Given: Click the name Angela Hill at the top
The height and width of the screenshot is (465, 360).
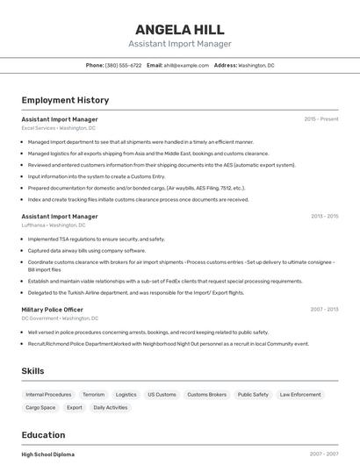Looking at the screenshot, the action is [x=180, y=29].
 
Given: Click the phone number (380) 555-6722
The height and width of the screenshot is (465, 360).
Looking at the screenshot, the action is [x=123, y=65].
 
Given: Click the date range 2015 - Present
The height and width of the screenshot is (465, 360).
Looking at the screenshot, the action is [x=320, y=119].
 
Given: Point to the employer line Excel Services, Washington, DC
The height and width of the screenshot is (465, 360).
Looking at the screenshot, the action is [x=59, y=128].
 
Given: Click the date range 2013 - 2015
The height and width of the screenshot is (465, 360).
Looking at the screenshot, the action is [x=324, y=216].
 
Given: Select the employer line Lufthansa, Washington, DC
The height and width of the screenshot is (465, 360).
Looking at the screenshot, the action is [x=54, y=225].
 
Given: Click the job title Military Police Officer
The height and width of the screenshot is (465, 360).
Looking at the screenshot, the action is [x=53, y=310].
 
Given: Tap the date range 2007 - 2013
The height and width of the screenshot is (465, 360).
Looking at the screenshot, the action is [x=324, y=310].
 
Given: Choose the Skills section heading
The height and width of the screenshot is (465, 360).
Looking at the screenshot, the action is [x=33, y=371].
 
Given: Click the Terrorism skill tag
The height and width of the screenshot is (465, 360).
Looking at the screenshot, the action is [x=93, y=395].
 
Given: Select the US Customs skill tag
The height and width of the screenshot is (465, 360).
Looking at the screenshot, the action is [x=162, y=395].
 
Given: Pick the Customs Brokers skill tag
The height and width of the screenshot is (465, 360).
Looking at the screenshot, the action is [x=206, y=395].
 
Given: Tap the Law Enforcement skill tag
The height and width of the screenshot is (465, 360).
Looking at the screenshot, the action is [x=300, y=395].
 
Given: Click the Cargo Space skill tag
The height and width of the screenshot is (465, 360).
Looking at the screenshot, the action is [x=40, y=408].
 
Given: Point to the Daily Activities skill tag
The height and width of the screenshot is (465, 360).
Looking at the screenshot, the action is [x=111, y=408].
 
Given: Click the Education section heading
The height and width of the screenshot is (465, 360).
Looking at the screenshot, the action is [x=43, y=435].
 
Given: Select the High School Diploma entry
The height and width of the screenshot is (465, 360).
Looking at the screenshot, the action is [x=48, y=454].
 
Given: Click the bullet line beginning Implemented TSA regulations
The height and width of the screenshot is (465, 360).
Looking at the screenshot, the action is [x=96, y=239].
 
